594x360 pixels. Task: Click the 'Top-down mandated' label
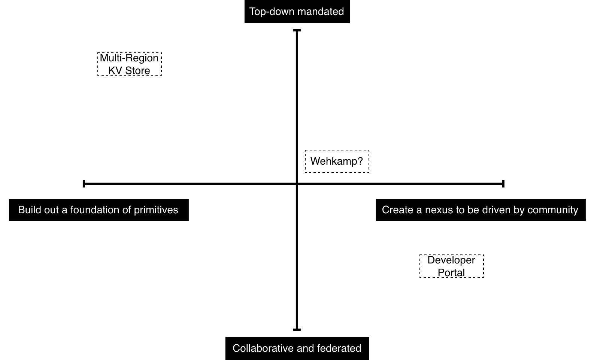pyautogui.click(x=297, y=11)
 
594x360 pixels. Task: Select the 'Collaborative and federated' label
pyautogui.click(x=297, y=348)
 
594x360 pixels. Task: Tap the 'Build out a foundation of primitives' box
pyautogui.click(x=99, y=210)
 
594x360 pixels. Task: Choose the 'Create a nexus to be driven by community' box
pyautogui.click(x=481, y=210)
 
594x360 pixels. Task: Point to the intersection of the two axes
pyautogui.click(x=297, y=184)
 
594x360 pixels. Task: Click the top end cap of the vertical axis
pyautogui.click(x=297, y=30)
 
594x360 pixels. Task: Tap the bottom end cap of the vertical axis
pyautogui.click(x=297, y=330)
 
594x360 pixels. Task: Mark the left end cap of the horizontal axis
pyautogui.click(x=84, y=184)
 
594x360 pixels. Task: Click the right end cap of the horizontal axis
pyautogui.click(x=503, y=184)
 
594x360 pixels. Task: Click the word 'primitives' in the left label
pyautogui.click(x=156, y=210)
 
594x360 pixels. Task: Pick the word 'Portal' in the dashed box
pyautogui.click(x=451, y=272)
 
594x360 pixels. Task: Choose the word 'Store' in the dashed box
pyautogui.click(x=137, y=70)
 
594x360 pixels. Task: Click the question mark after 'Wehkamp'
pyautogui.click(x=360, y=161)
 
